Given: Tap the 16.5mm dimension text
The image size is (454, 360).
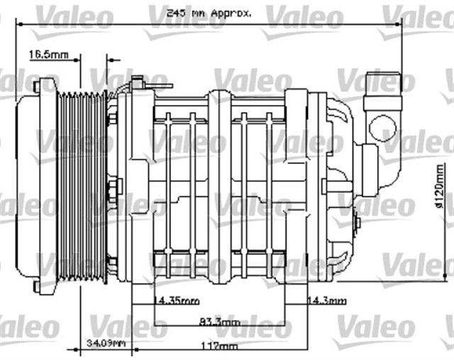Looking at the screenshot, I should [48, 55].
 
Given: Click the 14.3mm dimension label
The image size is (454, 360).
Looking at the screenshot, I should [327, 301].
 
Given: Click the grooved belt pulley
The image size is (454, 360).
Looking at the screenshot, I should [81, 187].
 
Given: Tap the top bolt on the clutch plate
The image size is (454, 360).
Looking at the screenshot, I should [35, 87].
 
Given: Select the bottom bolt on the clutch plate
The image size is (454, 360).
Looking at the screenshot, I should [35, 287].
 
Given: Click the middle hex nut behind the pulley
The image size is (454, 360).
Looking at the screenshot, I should [113, 188].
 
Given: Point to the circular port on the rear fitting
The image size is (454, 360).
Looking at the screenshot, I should [384, 129].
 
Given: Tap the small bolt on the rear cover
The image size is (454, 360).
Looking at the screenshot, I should [356, 224].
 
